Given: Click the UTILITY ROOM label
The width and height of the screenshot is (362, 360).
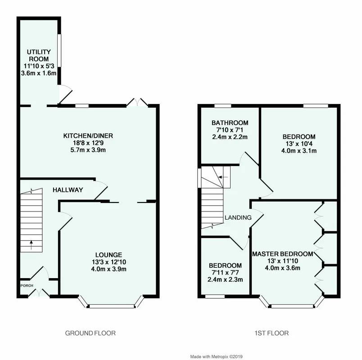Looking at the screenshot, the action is (39, 55).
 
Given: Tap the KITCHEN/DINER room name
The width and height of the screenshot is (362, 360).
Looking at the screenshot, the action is (88, 136).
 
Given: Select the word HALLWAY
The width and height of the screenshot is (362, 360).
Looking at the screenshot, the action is (68, 190).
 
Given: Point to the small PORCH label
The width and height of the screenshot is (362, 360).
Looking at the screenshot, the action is (27, 285).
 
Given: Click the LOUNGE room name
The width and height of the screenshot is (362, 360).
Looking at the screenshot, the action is (109, 255).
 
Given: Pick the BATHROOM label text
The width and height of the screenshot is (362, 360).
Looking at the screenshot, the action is (230, 123).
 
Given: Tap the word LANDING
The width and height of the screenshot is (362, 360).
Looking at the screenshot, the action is (238, 217).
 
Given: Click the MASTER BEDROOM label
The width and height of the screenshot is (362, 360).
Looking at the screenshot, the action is (283, 254).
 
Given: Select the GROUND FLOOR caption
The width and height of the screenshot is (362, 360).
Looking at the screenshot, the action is (90, 333).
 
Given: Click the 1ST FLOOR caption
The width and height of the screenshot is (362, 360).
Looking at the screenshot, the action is (271, 333).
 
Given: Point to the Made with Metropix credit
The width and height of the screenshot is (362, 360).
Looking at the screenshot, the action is (216, 357).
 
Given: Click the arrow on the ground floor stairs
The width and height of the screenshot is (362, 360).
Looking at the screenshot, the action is (31, 245).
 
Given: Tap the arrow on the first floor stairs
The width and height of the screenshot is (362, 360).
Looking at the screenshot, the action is (223, 177).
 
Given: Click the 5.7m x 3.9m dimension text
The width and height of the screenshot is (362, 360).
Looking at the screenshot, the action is (88, 150).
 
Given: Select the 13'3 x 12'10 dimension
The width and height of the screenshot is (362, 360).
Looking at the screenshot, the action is (109, 262).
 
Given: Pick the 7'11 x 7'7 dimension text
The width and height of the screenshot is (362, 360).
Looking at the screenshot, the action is (225, 273).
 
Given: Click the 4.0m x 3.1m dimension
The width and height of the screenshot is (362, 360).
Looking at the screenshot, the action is (299, 151).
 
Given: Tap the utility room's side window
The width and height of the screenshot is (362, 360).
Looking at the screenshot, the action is (59, 50).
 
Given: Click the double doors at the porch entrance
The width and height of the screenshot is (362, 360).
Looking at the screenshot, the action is (39, 292).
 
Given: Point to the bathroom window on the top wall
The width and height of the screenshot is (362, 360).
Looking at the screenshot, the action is (223, 106).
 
